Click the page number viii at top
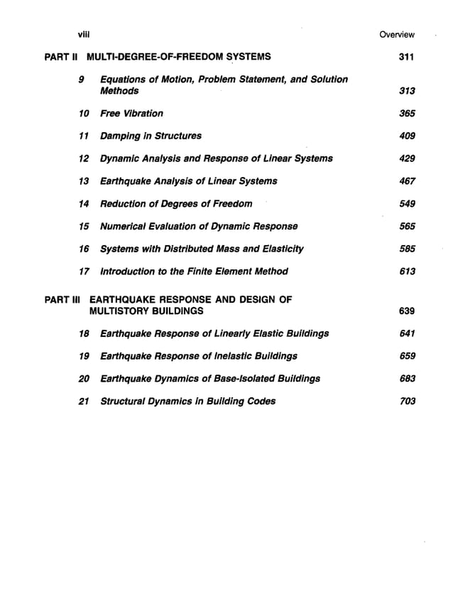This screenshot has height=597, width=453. [82, 33]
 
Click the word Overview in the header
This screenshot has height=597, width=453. [397, 34]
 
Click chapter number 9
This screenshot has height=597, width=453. [83, 79]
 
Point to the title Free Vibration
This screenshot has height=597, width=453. [131, 113]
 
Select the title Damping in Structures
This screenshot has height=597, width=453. [151, 136]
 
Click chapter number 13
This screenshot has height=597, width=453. [84, 181]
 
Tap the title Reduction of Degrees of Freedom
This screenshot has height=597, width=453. [176, 204]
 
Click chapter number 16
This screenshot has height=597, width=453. [84, 249]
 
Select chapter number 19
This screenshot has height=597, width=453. [84, 356]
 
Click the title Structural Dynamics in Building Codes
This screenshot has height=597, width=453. [188, 402]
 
